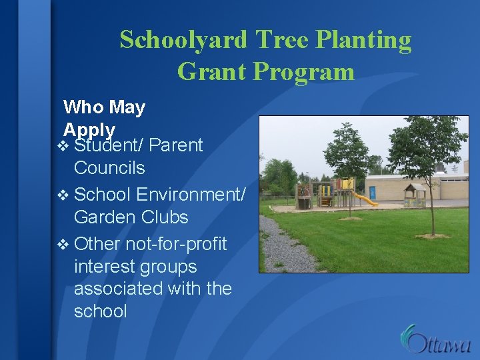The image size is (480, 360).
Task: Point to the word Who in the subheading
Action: pyautogui.click(x=83, y=107)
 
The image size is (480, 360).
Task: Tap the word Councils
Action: pyautogui.click(x=109, y=168)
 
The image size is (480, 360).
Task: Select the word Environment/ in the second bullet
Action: pyautogui.click(x=191, y=194)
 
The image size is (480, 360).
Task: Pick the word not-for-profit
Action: pyautogui.click(x=176, y=245)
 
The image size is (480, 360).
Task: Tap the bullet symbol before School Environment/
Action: pyautogui.click(x=65, y=195)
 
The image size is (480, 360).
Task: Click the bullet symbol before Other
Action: pyautogui.click(x=65, y=245)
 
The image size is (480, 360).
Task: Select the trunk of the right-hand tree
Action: pyautogui.click(x=431, y=207)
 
